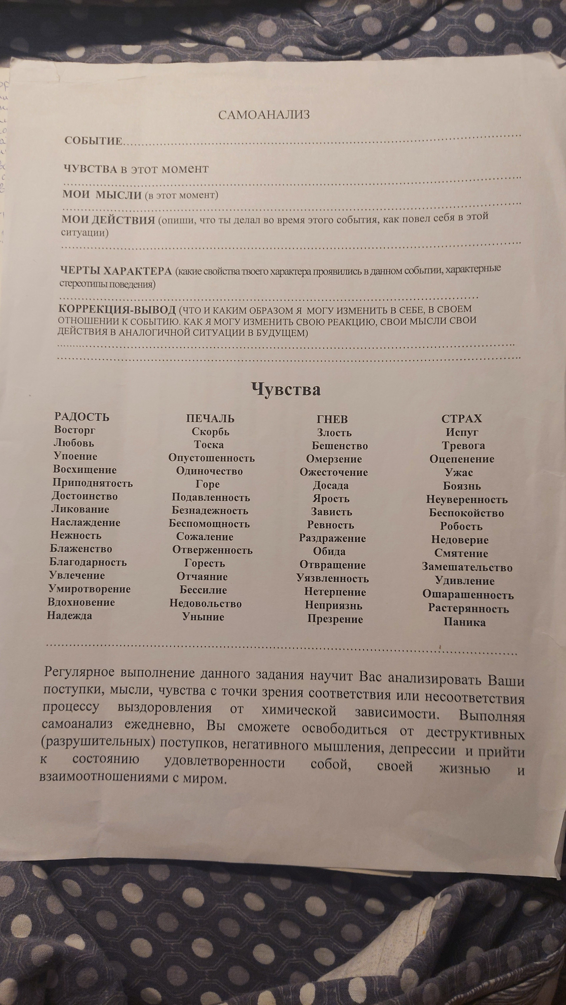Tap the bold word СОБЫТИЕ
(94, 141)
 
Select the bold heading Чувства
(286, 389)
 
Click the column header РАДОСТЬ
(82, 417)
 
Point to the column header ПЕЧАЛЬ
(210, 419)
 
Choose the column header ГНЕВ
(332, 419)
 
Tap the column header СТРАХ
(461, 419)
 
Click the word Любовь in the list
(74, 443)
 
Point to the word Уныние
(203, 617)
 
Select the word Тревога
(463, 446)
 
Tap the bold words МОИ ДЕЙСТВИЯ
(108, 220)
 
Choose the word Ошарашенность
(468, 595)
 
